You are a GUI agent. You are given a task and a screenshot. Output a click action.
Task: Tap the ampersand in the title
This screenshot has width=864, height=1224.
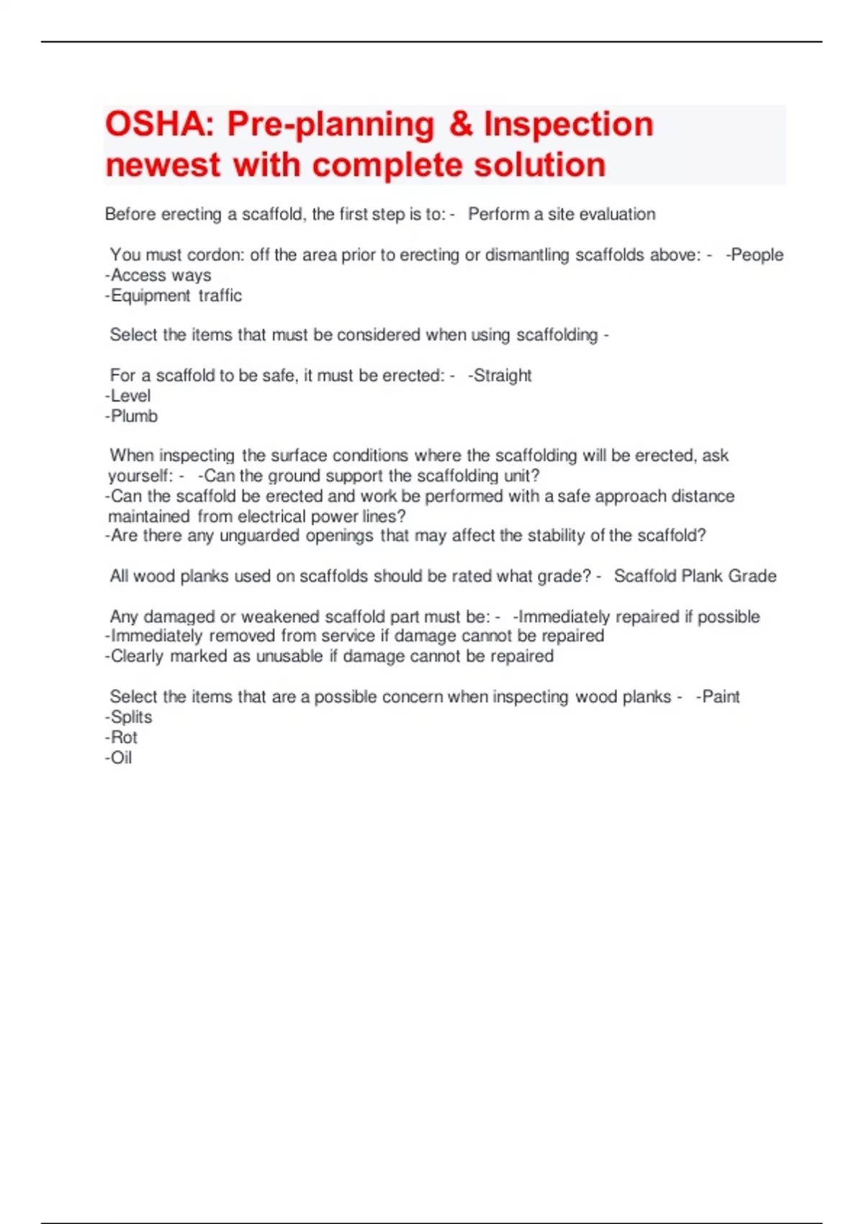[x=461, y=125]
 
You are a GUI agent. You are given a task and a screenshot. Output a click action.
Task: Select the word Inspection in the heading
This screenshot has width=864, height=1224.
[x=569, y=125]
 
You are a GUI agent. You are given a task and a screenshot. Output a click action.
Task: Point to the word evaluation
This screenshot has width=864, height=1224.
[x=617, y=215]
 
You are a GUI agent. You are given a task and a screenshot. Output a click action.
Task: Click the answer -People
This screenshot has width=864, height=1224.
[x=755, y=255]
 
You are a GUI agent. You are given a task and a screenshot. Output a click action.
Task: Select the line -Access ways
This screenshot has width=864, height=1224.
[x=158, y=275]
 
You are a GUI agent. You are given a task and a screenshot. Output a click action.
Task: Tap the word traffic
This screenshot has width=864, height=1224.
[x=220, y=295]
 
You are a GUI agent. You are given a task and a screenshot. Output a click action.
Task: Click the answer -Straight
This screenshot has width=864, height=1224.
[x=500, y=375]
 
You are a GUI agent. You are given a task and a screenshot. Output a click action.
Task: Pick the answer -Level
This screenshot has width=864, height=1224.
[x=128, y=395]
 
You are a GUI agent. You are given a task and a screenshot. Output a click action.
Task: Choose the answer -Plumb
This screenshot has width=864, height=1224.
[x=132, y=415]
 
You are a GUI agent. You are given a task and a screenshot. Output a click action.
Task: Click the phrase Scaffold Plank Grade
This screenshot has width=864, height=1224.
[x=695, y=576]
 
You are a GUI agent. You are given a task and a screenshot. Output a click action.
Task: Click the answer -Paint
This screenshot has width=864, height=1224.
[x=718, y=696]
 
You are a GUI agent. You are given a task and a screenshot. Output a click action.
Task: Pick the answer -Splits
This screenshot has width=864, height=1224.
[x=129, y=716]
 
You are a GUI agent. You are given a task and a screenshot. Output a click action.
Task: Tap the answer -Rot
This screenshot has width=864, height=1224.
[x=122, y=737]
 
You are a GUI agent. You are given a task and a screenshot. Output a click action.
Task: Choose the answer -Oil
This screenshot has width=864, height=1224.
[x=119, y=757]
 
